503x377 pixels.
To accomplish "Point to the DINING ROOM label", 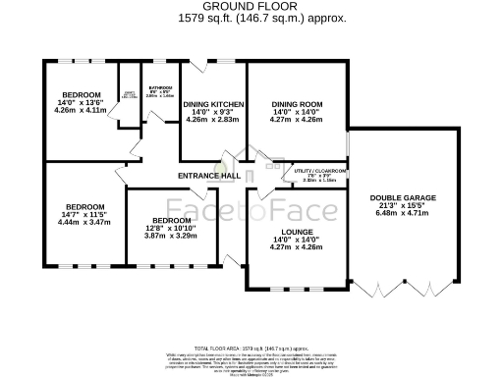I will [x=296, y=104].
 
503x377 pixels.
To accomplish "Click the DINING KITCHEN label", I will [x=211, y=104].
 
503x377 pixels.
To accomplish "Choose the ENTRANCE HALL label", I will [x=209, y=176].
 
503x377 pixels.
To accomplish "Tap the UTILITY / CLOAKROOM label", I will [x=320, y=171].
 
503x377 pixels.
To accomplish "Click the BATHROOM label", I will [x=160, y=88].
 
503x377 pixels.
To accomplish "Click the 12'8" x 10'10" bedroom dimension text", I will [x=171, y=228].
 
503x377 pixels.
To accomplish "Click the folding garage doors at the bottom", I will [x=399, y=291].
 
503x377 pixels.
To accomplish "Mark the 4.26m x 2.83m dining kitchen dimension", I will [x=211, y=119].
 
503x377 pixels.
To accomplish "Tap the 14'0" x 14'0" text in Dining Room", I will [x=296, y=112].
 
